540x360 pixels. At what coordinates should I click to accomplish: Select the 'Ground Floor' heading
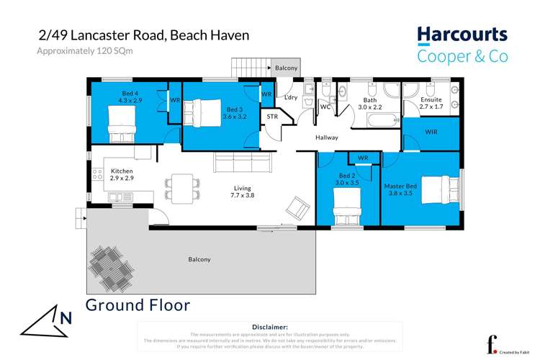(x=138, y=305)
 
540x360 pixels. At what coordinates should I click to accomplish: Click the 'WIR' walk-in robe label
(x=431, y=132)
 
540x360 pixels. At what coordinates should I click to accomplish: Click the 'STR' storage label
(x=272, y=116)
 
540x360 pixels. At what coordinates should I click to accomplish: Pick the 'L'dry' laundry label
(x=291, y=97)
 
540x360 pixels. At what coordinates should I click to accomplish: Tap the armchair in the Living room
(x=295, y=209)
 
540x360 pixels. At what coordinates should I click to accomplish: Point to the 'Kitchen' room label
(x=122, y=171)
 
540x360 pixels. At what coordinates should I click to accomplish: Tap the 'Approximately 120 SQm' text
(x=85, y=50)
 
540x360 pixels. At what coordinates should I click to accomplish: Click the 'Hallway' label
(x=328, y=137)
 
